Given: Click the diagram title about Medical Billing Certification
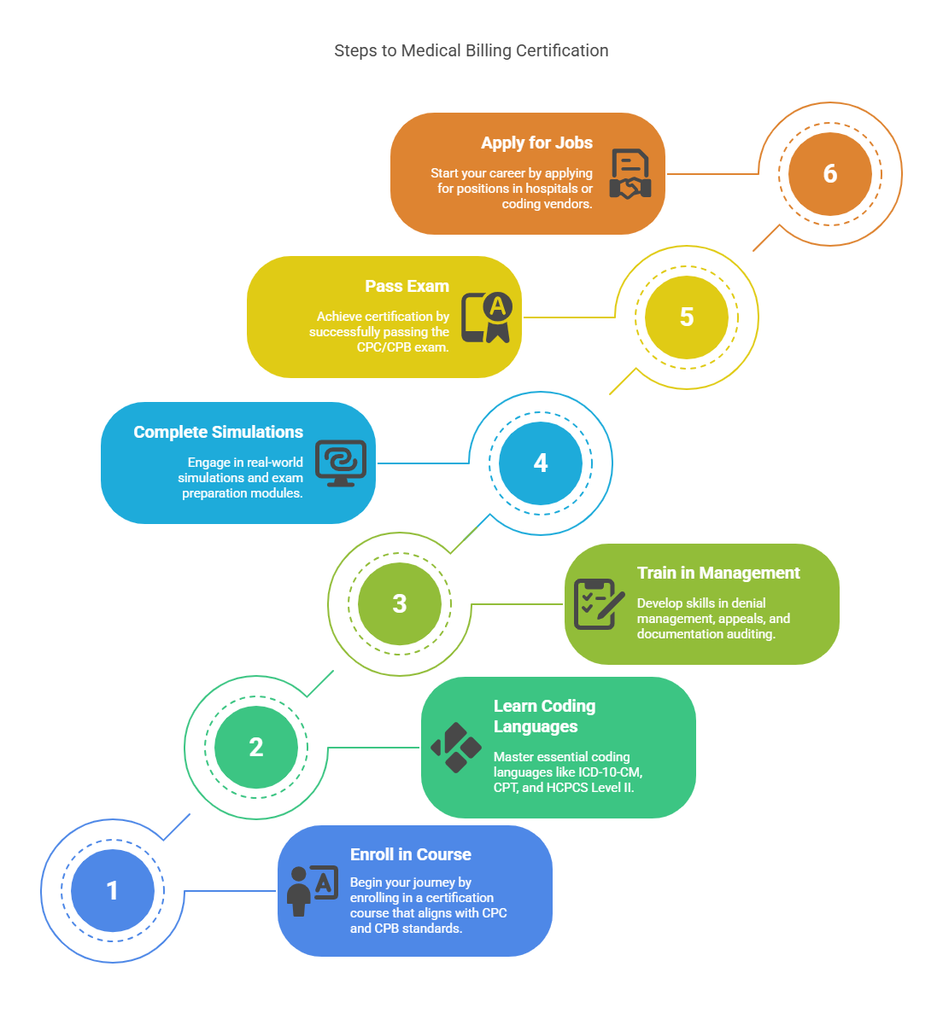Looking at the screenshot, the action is (471, 51).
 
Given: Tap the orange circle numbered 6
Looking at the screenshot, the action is (829, 174).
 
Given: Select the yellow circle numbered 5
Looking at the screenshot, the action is (686, 317).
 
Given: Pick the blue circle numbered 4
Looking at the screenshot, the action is (541, 463).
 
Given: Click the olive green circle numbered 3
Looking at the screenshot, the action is (399, 604).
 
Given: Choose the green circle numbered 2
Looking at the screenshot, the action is (256, 748).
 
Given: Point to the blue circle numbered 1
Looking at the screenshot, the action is (112, 891).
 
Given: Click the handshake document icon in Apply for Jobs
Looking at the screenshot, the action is (630, 174).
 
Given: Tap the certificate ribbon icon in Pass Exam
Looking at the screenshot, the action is (487, 317).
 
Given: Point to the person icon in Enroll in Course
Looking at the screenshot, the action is (312, 891).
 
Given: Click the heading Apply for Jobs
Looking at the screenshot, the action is (536, 143).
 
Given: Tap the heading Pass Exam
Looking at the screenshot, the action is (407, 287).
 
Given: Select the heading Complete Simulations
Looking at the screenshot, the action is (218, 433).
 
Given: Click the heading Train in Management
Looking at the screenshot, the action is (718, 574).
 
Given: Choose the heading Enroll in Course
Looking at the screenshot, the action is (410, 855).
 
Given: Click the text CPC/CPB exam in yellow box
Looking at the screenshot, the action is (402, 347).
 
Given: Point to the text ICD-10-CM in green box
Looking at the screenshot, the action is (609, 772).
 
